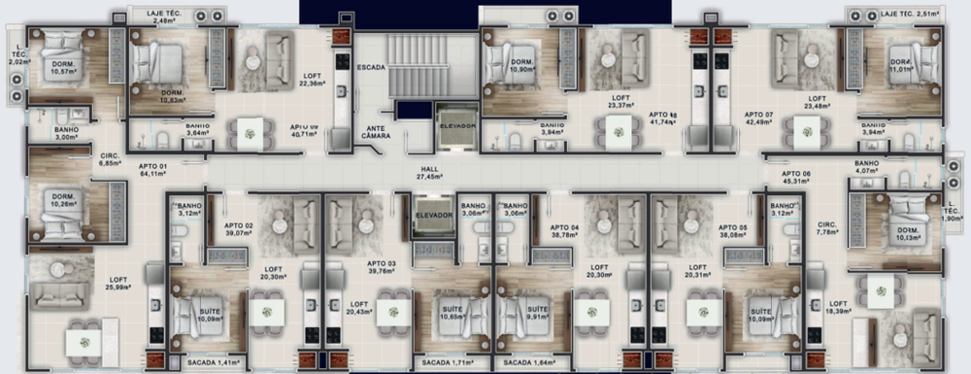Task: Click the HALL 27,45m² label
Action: click(x=428, y=172)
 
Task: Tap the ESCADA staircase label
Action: click(x=371, y=68)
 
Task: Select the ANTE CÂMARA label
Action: click(x=377, y=132)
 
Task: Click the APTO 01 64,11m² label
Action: click(x=153, y=171)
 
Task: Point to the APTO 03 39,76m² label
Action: click(x=382, y=268)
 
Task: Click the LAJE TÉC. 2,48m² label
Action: click(x=162, y=16)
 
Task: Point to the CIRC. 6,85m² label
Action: click(x=110, y=159)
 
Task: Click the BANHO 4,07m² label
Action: click(x=866, y=168)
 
